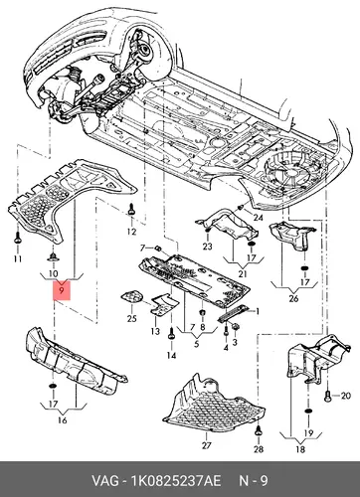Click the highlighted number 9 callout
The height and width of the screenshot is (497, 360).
[x=62, y=290]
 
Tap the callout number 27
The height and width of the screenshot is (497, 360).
[x=206, y=445]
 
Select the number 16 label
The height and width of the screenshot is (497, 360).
[x=63, y=420]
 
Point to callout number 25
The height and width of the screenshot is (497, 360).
[x=131, y=318]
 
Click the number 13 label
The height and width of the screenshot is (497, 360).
[x=155, y=331]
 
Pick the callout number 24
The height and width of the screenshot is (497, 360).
[x=258, y=218]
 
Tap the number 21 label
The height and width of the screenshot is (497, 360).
[x=243, y=274]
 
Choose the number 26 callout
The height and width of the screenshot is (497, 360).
[x=293, y=298]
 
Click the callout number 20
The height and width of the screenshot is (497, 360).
[x=345, y=396]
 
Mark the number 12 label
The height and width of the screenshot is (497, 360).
[x=131, y=232]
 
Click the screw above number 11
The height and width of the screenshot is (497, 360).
[x=18, y=238]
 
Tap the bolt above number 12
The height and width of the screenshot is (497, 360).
[x=131, y=210]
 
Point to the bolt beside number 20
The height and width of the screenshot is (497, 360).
[x=328, y=396]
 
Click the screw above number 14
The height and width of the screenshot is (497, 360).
[x=171, y=334]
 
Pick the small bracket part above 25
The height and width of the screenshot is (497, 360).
[x=132, y=296]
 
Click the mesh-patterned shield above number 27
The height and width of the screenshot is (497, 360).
[x=213, y=404]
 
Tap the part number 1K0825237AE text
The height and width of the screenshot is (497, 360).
[x=176, y=481]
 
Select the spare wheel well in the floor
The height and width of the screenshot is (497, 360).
[x=287, y=171]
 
